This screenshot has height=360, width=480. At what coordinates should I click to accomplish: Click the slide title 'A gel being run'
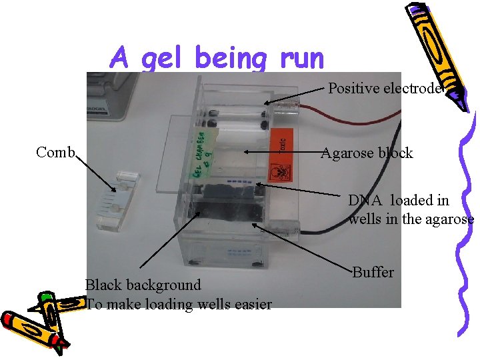coord(217,58)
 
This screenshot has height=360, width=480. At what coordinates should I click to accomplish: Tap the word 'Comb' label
coord(55,152)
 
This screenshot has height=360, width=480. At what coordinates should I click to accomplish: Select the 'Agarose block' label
coord(367,153)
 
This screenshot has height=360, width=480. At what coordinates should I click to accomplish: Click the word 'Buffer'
coord(373,272)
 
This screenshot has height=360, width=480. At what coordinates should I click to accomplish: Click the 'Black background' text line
coord(143,285)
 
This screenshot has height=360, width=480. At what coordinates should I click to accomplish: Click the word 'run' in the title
coord(302,58)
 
